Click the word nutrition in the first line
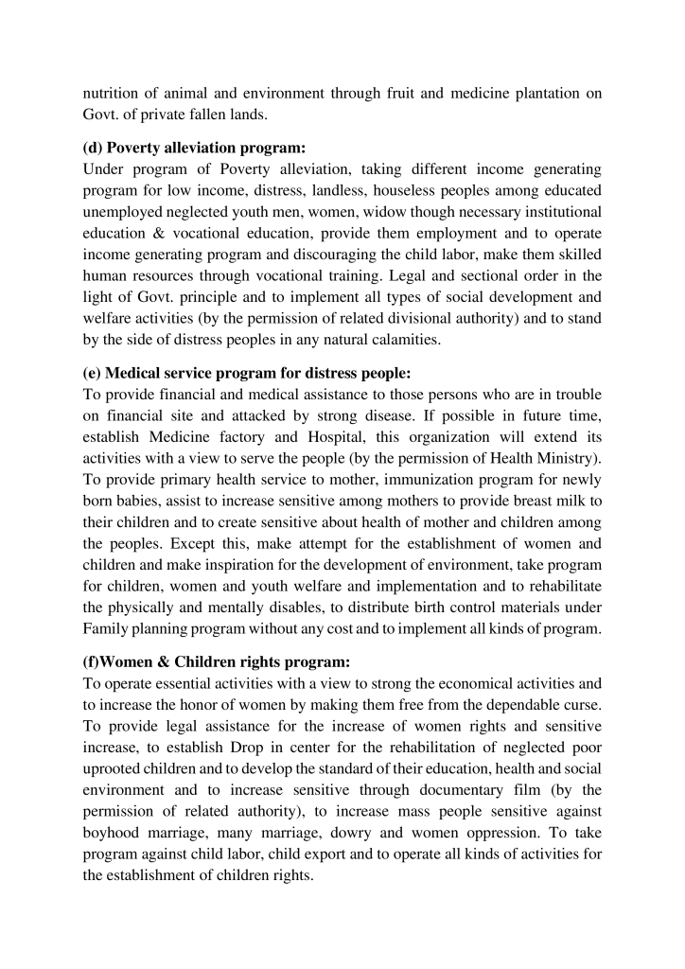[x=112, y=93]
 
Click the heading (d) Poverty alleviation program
[x=197, y=149]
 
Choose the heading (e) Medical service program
[x=227, y=372]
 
